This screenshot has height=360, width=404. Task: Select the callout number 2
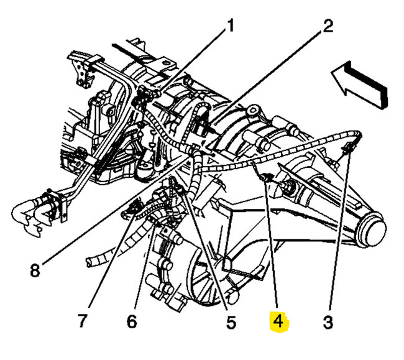(328, 26)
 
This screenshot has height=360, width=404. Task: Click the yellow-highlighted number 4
(277, 321)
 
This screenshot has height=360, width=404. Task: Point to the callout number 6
(131, 321)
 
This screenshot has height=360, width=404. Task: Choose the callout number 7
(82, 321)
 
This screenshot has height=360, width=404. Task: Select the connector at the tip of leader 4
(264, 179)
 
